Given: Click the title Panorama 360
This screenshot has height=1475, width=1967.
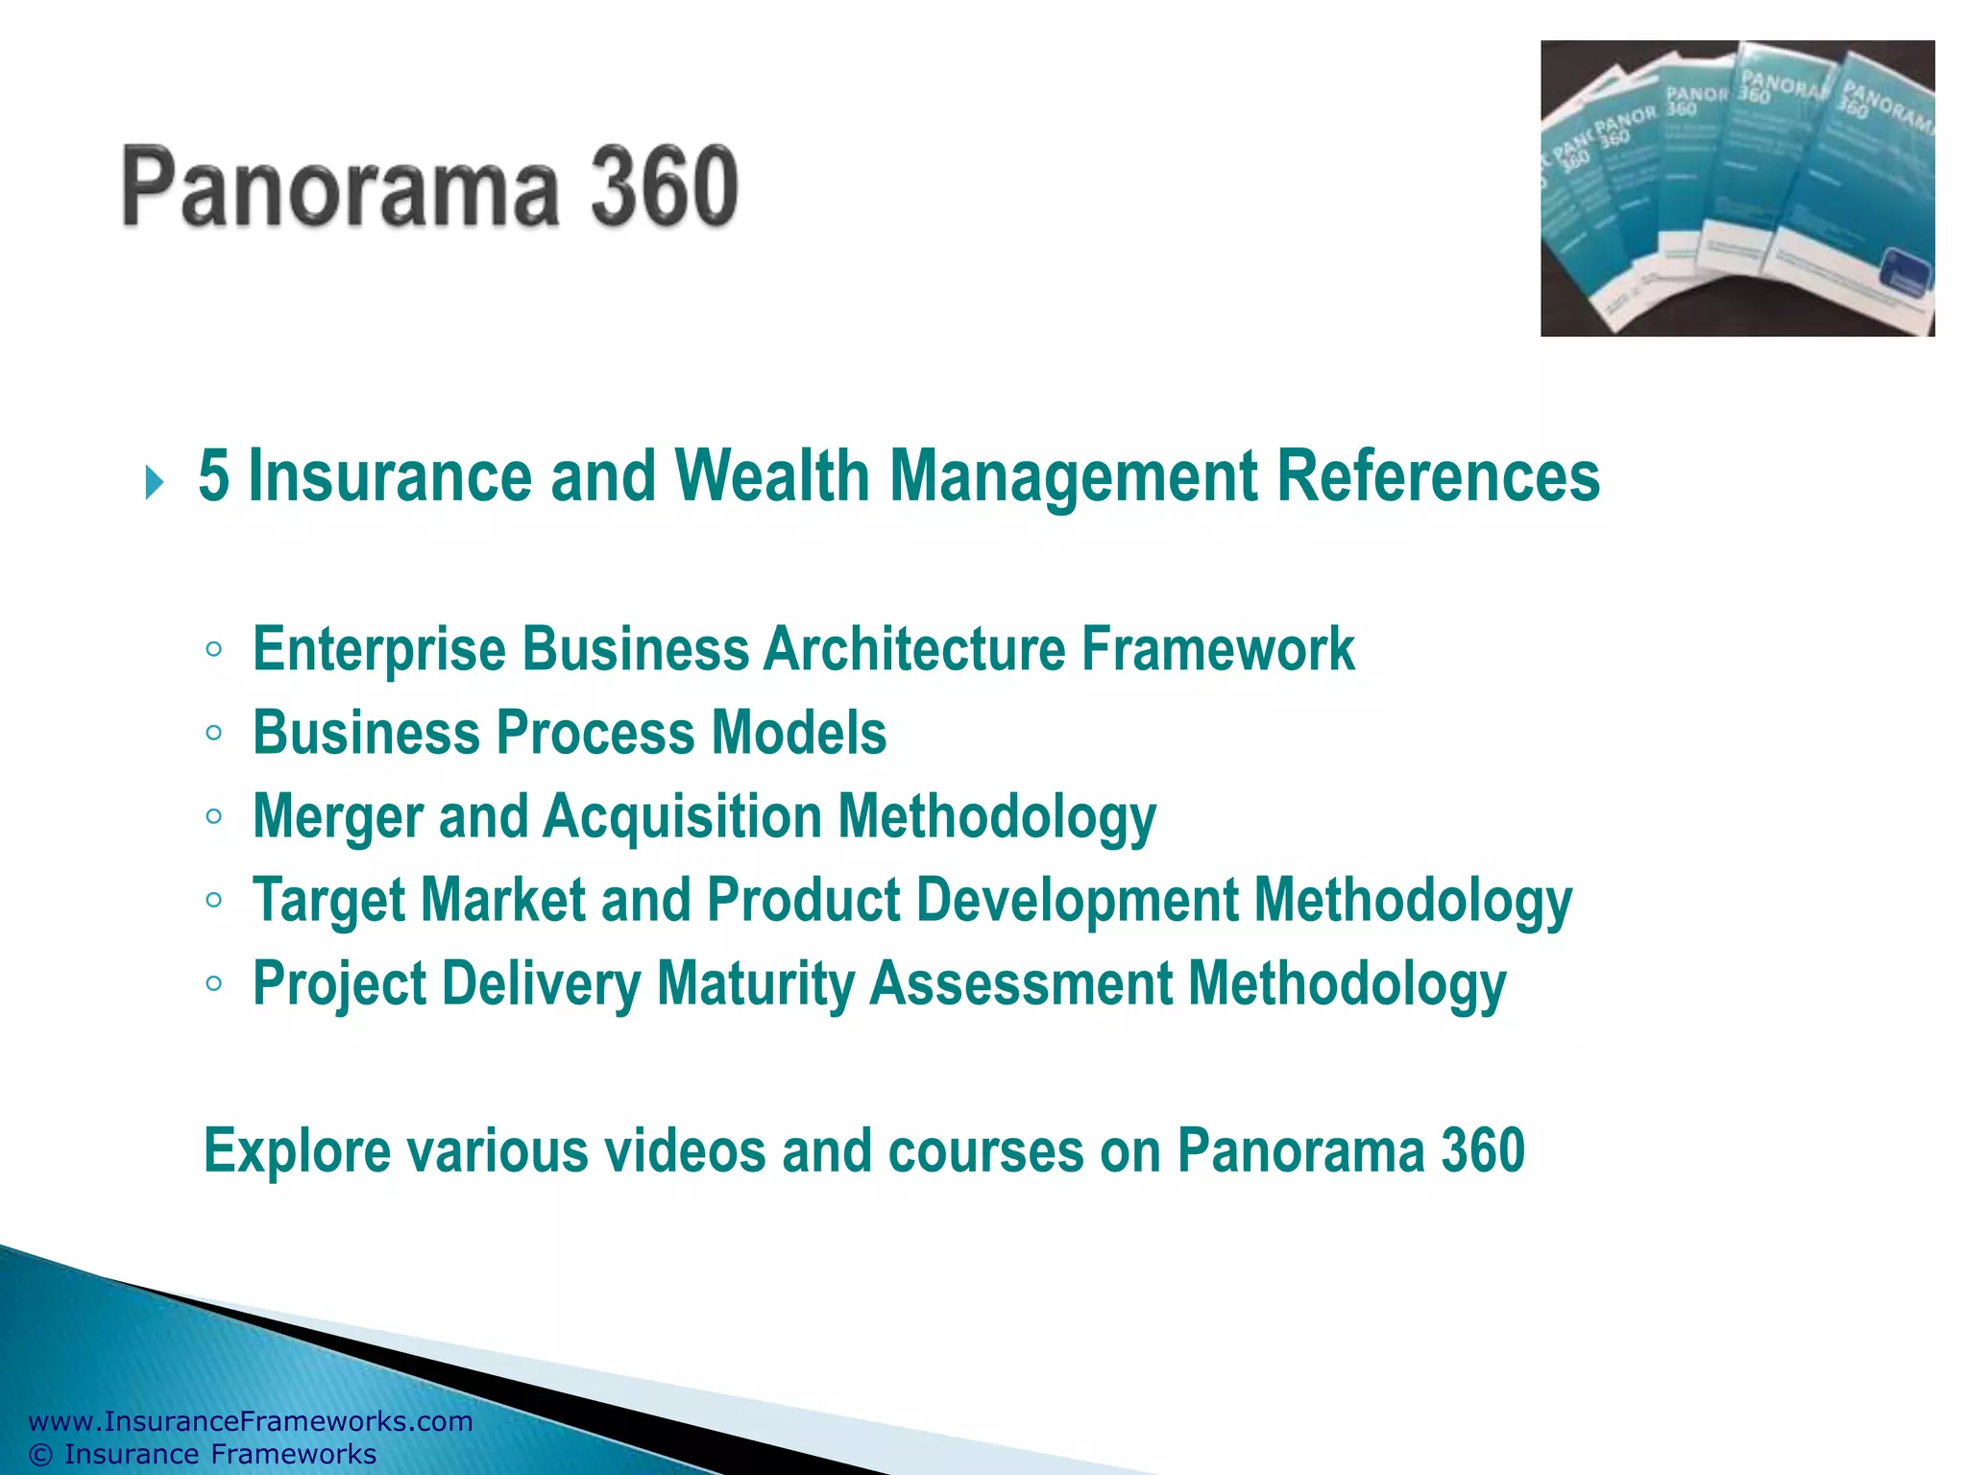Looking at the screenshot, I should [x=430, y=186].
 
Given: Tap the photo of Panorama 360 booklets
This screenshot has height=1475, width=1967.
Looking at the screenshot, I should [x=1736, y=188].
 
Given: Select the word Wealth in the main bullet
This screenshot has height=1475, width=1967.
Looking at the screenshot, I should [x=772, y=476].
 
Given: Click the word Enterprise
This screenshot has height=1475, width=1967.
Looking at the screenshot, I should [x=379, y=649].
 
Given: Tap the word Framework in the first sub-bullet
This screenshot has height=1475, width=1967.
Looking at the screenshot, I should [x=1218, y=649].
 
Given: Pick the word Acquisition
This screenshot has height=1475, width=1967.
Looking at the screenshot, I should [x=683, y=818].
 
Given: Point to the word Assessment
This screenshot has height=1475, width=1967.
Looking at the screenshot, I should [x=1021, y=983].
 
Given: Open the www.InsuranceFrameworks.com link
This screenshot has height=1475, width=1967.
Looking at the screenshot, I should [x=251, y=1421].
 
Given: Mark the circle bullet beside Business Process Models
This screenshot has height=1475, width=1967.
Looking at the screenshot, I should [x=214, y=734].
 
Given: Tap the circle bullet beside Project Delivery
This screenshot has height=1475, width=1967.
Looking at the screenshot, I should [x=214, y=983].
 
